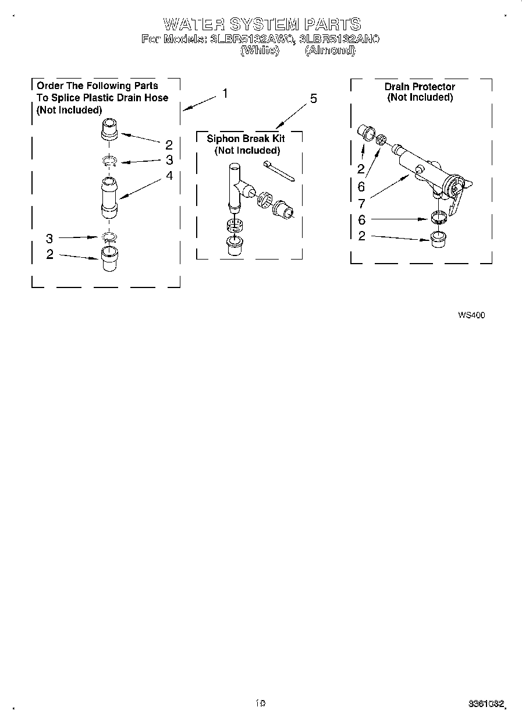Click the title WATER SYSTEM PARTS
pyautogui.click(x=262, y=24)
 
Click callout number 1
pyautogui.click(x=225, y=94)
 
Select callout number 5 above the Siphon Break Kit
pyautogui.click(x=314, y=99)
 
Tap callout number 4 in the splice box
pyautogui.click(x=169, y=175)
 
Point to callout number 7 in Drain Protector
pyautogui.click(x=361, y=204)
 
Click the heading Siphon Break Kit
pyautogui.click(x=246, y=139)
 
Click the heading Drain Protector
pyautogui.click(x=420, y=87)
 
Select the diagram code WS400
pyautogui.click(x=471, y=315)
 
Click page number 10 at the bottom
pyautogui.click(x=260, y=703)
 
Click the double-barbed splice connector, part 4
pyautogui.click(x=109, y=198)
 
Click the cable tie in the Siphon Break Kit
pyautogui.click(x=279, y=171)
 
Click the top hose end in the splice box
pyautogui.click(x=109, y=129)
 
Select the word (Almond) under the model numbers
pyautogui.click(x=330, y=50)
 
